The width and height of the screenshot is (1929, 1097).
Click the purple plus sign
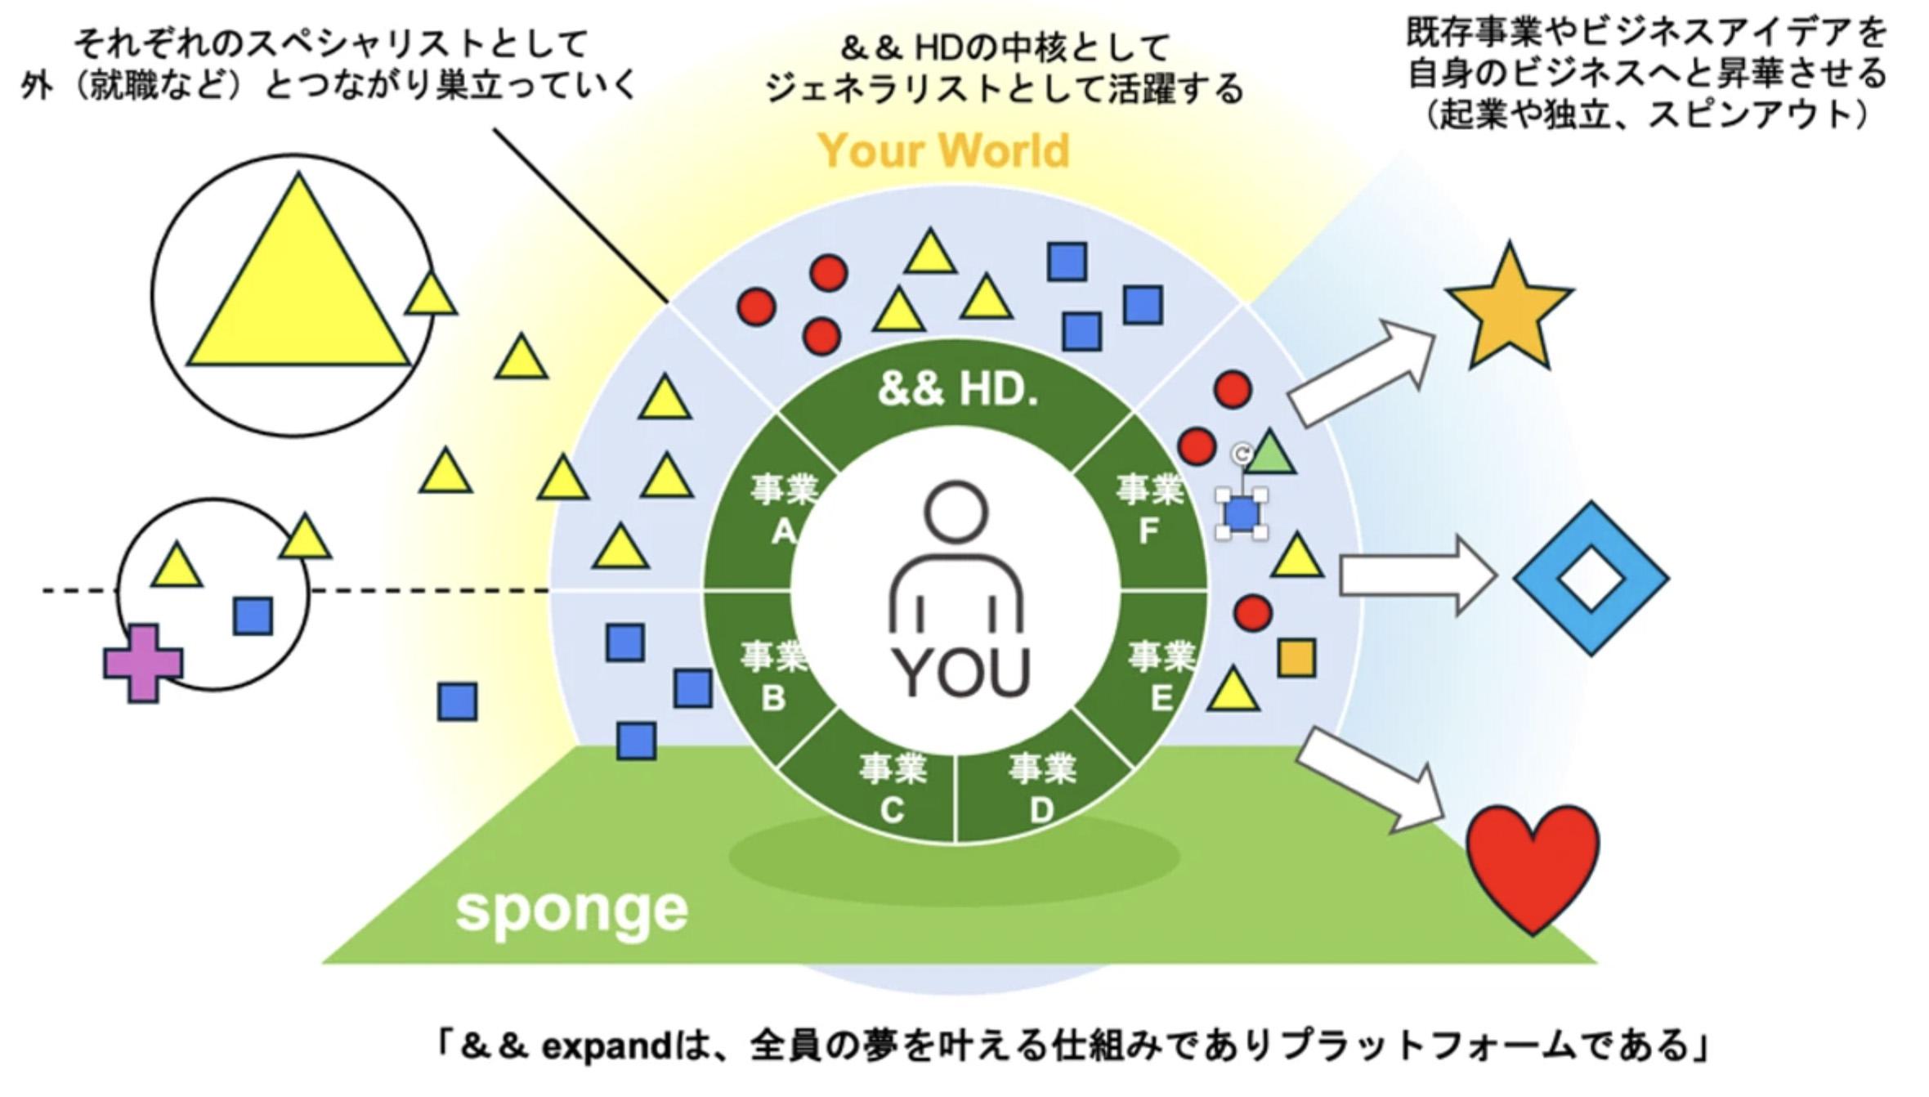tap(144, 663)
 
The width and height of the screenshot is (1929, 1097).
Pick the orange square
tap(1296, 658)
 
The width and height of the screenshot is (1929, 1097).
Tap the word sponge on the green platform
tap(571, 910)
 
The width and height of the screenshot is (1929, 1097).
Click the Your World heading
tap(943, 151)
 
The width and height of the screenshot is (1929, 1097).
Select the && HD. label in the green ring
tap(957, 390)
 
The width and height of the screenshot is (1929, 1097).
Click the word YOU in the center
tap(960, 672)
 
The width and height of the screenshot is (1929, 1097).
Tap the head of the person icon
tap(956, 513)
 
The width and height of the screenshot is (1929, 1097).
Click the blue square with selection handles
tap(1242, 513)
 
